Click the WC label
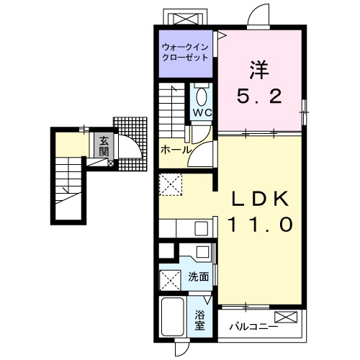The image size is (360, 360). (x=203, y=112)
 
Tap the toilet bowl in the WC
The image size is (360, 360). (x=201, y=96)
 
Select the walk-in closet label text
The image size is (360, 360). (x=185, y=53)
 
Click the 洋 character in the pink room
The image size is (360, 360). (x=259, y=70)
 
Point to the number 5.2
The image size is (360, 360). (x=259, y=96)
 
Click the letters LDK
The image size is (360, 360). (x=260, y=199)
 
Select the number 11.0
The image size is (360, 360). (x=261, y=225)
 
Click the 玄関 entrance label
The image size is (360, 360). (x=104, y=146)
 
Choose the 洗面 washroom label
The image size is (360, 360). (x=198, y=277)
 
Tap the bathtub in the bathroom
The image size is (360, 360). (x=173, y=317)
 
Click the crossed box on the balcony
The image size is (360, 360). (x=286, y=317)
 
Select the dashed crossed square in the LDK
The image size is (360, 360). (x=171, y=184)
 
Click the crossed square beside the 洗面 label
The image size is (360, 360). (x=170, y=280)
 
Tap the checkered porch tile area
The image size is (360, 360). (x=131, y=144)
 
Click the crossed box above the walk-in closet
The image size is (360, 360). (x=186, y=19)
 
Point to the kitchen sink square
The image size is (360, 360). (x=201, y=229)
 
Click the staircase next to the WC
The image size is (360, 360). (x=172, y=111)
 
